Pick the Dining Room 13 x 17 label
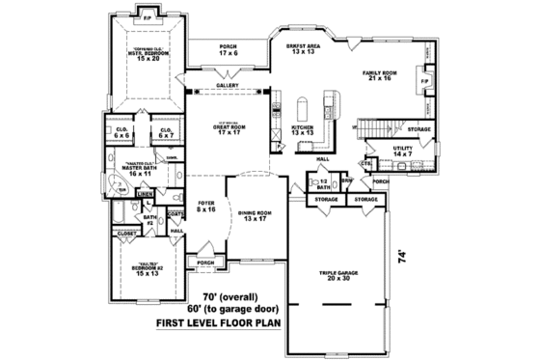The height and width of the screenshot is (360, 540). [256, 216]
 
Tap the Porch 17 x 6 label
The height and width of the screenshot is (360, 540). [228, 49]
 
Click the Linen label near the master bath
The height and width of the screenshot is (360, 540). [144, 195]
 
